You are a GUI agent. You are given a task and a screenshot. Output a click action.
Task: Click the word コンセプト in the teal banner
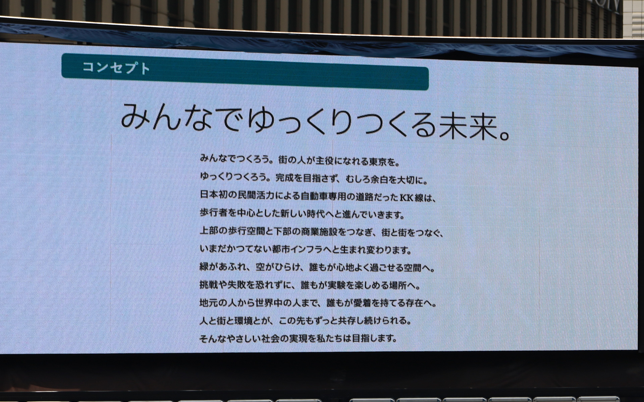point(116,68)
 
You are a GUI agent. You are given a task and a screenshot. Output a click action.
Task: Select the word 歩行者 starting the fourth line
point(214,213)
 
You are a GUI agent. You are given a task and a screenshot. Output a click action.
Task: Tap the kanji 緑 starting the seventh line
point(204,267)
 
